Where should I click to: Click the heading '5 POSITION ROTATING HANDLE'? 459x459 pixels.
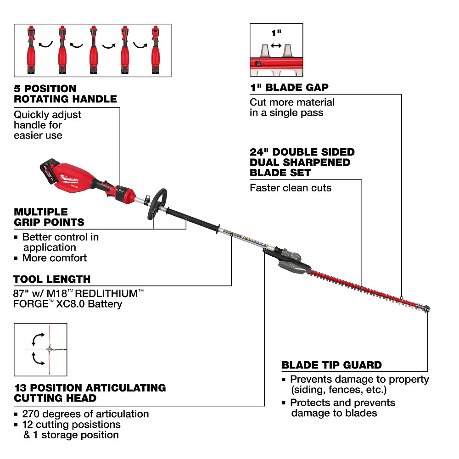coord(65,94)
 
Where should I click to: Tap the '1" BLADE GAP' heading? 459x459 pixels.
coord(289,88)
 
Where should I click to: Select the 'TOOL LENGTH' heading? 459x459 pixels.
coord(52,279)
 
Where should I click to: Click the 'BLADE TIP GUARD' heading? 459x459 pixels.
coord(331,365)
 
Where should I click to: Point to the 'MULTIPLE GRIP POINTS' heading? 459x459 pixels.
coord(49,217)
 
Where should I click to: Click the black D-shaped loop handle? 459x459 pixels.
coord(156,202)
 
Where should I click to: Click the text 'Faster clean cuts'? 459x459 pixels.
coord(290,188)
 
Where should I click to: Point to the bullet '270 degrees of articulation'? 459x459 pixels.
coord(85,414)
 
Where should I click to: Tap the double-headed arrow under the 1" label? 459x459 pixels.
coord(276,45)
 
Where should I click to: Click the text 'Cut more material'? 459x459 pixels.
coord(292,102)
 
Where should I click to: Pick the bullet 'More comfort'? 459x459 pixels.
coord(54,258)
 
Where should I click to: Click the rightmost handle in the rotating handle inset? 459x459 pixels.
coord(155,50)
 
